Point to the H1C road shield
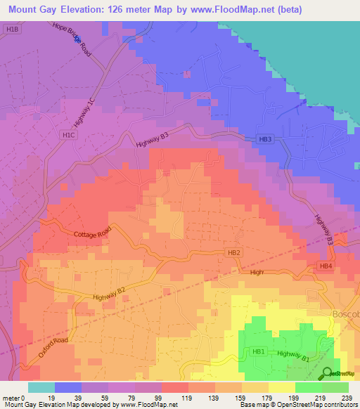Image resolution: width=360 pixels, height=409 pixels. coord(69,134)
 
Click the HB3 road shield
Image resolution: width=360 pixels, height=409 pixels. coord(264,140)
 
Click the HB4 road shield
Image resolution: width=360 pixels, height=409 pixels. coord(325,266)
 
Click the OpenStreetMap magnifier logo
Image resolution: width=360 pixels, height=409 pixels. coord(327,372)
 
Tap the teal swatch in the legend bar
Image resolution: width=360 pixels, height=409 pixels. coord(41,387)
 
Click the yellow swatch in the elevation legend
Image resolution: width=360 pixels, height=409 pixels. coord(282,387)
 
